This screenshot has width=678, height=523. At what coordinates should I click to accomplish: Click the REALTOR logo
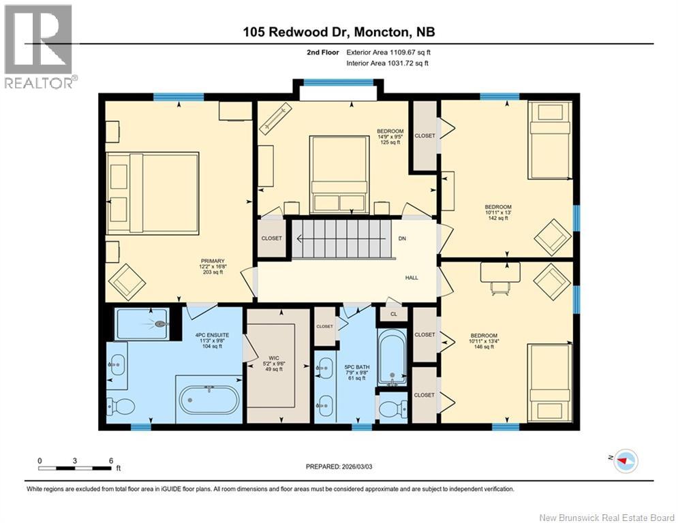tap(38, 46)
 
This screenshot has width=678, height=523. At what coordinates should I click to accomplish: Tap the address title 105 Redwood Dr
tap(339, 31)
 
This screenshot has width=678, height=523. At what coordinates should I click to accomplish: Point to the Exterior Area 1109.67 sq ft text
tap(388, 52)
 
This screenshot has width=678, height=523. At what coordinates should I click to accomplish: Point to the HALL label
tap(412, 278)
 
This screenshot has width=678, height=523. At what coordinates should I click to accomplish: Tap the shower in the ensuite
tap(142, 324)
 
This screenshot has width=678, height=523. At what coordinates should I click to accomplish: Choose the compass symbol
tap(625, 462)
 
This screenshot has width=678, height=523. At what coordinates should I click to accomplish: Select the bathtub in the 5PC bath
tap(391, 357)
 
